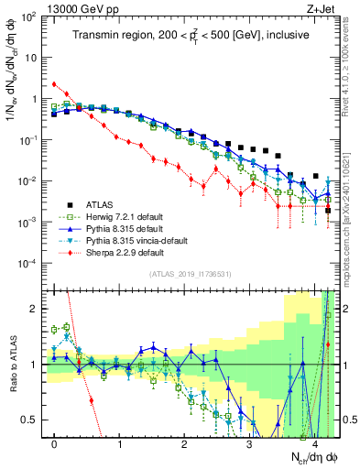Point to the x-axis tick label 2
click(184, 445)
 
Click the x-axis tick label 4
click(313, 445)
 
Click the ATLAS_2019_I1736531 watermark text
click(183, 275)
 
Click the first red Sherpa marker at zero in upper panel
click(55, 84)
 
